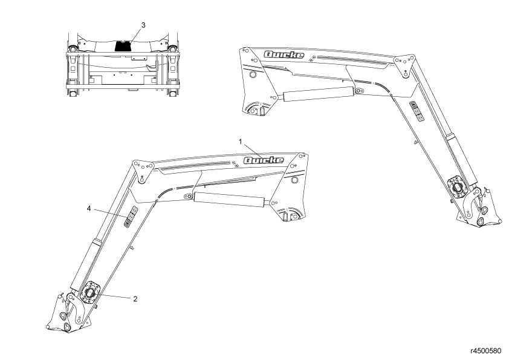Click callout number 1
240,142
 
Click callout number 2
135,299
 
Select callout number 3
143,25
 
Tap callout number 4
89,209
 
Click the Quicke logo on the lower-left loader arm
263,160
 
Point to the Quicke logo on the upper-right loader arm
284,54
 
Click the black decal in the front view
123,46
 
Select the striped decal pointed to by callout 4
130,217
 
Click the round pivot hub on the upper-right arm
458,188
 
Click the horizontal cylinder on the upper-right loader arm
318,93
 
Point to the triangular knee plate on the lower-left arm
142,170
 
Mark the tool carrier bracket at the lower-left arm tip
69,313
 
